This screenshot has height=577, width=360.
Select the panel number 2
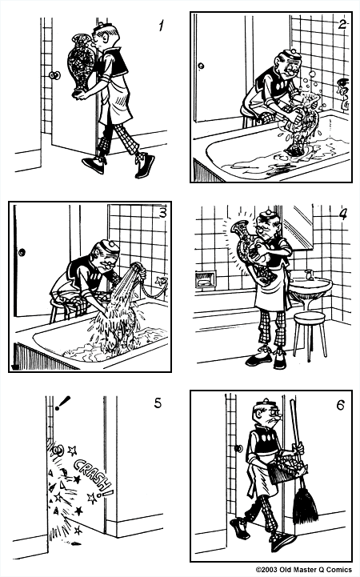click(x=342, y=24)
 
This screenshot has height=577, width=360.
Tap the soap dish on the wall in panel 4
click(x=206, y=280)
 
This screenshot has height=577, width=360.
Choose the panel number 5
click(x=157, y=403)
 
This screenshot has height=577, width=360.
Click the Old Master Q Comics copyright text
click(x=304, y=571)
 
